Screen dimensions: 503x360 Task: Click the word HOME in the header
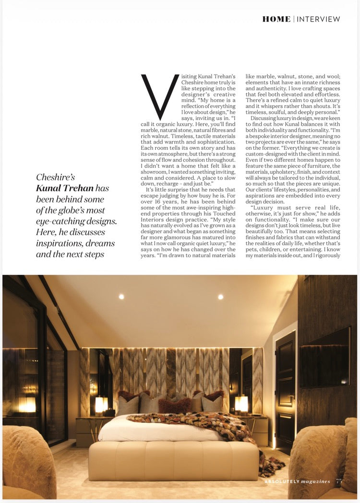tap(276, 19)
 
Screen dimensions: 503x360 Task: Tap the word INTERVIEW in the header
tap(318, 19)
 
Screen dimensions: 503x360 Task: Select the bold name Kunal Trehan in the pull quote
tap(65, 188)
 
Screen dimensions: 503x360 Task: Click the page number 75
tap(339, 480)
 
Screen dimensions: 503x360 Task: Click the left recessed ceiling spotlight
tap(121, 297)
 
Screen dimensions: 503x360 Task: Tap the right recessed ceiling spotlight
tap(220, 297)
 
